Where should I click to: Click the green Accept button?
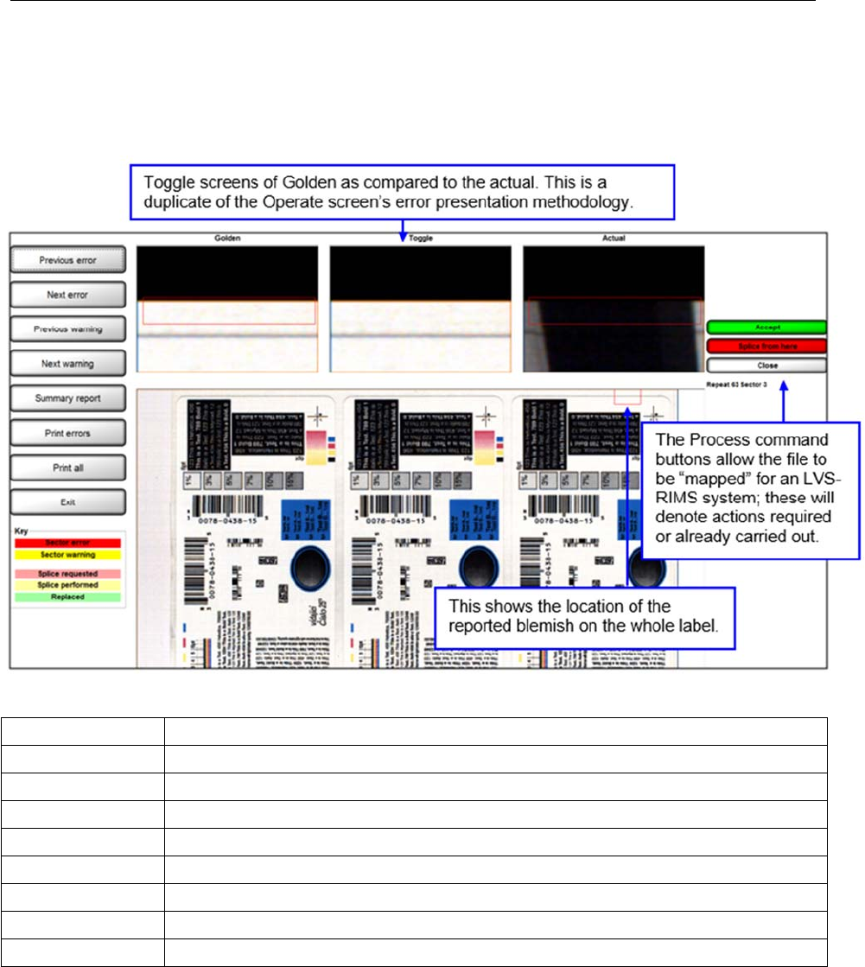(x=766, y=328)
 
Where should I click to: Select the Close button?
(x=766, y=365)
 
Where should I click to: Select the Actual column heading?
(x=614, y=238)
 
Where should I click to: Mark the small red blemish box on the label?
(x=626, y=396)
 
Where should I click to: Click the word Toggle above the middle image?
(x=421, y=238)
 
